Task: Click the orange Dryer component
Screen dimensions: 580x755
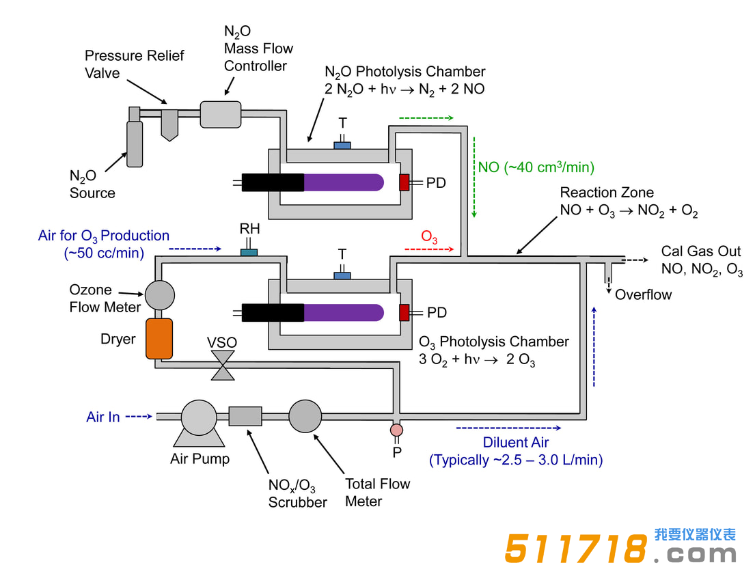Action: tap(159, 338)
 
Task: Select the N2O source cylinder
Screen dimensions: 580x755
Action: tap(135, 141)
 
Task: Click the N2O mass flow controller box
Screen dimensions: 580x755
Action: tap(221, 114)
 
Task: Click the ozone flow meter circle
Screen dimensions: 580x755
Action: tap(160, 294)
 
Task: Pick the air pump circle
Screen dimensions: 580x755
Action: tap(199, 417)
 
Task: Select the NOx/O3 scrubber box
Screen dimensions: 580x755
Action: tap(245, 416)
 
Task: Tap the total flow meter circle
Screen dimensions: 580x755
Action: tap(305, 416)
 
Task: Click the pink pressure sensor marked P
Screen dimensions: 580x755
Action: tap(396, 430)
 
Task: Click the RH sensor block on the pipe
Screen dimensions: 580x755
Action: tap(249, 253)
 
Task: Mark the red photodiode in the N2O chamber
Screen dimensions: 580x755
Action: tap(404, 182)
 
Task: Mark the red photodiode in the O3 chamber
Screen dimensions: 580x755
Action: tap(404, 312)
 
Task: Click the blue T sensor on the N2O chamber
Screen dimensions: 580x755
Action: tap(342, 145)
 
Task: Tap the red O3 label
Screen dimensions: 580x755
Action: tap(429, 237)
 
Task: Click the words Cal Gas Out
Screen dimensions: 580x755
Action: tap(700, 251)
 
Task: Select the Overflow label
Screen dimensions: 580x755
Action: tap(643, 295)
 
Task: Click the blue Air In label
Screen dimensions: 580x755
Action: tap(103, 417)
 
